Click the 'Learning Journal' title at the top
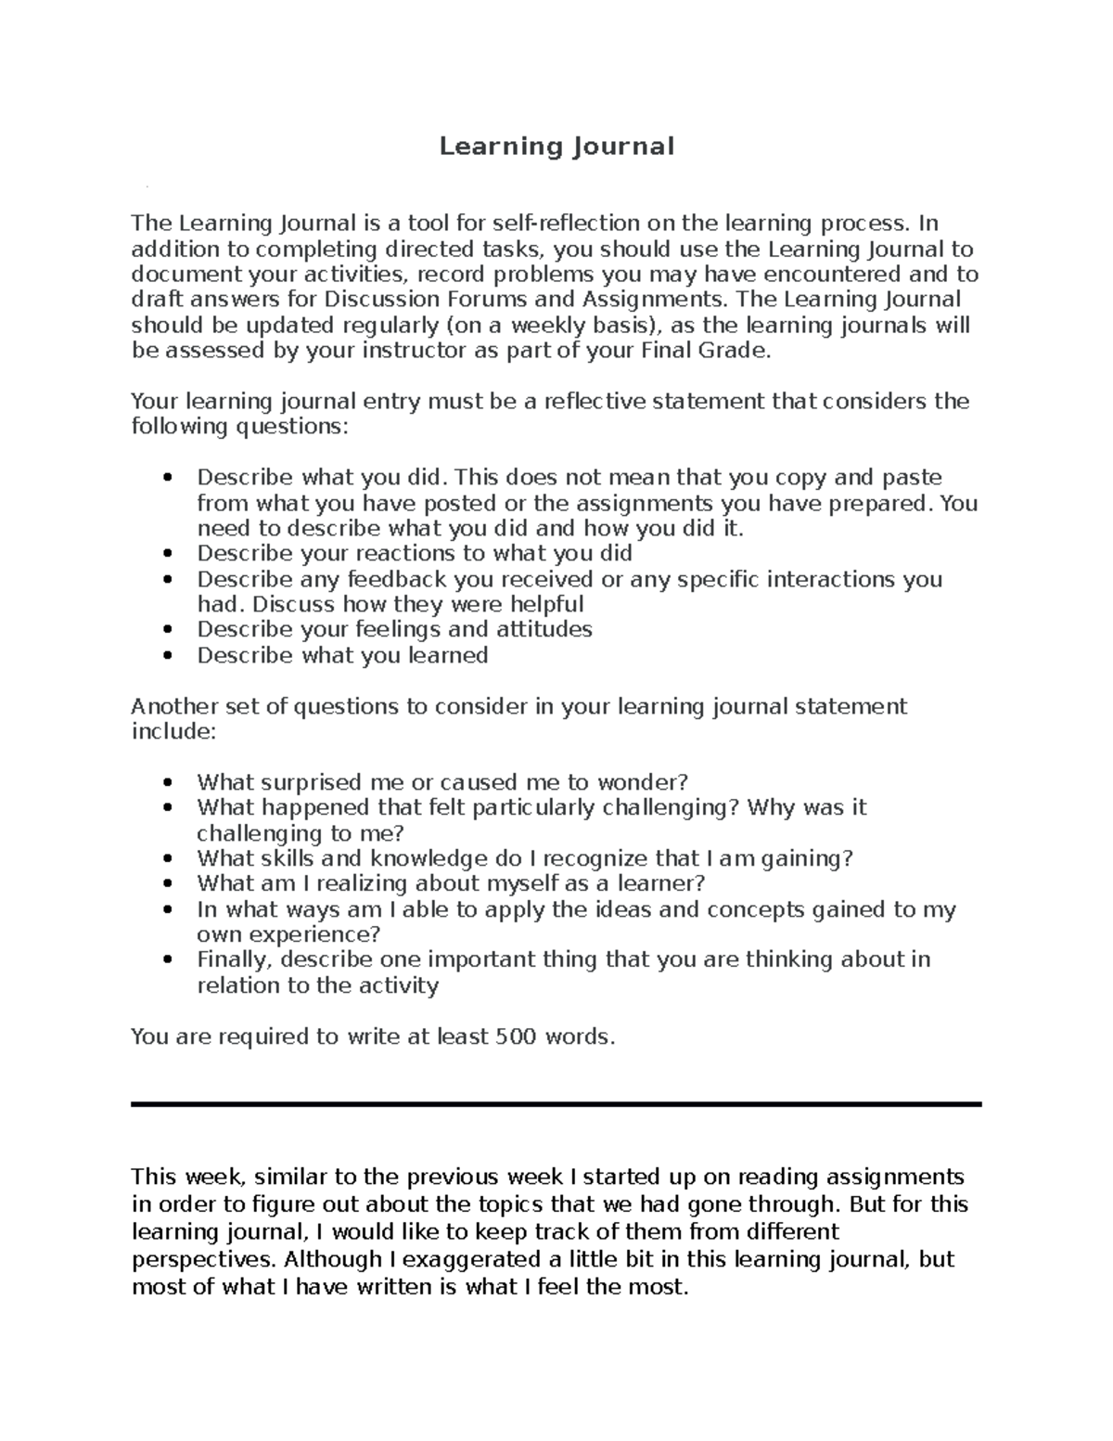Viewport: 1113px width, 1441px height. point(556,147)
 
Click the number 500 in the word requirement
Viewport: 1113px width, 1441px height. point(515,1036)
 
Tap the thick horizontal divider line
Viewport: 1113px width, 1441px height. point(556,1104)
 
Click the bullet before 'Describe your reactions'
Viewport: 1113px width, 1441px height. point(167,554)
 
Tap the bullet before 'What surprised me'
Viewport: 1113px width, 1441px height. point(167,783)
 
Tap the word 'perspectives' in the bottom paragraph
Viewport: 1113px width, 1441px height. point(203,1259)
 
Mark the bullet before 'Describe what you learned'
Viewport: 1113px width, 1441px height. point(167,655)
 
